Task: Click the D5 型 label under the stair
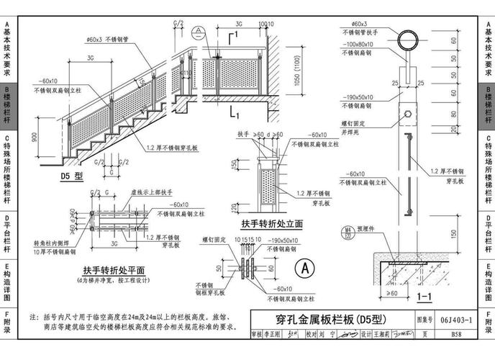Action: click(73, 175)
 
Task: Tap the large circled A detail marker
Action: click(306, 268)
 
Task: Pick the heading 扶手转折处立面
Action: click(271, 225)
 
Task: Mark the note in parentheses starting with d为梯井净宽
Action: click(114, 279)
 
